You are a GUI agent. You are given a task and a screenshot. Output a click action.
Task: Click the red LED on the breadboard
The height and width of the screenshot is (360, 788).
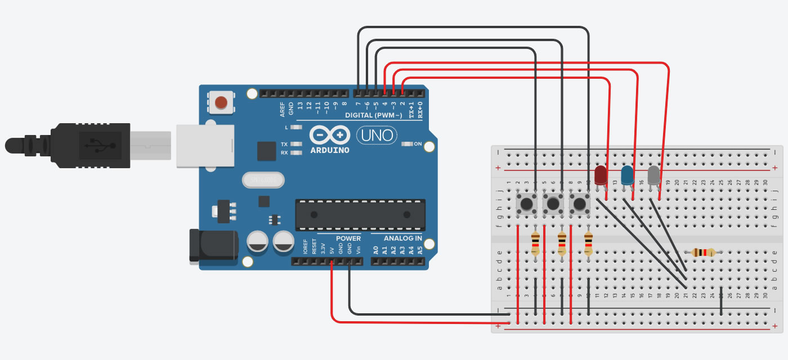click(x=601, y=174)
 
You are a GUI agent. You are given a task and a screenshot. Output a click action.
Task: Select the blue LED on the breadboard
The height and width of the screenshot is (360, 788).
click(x=627, y=175)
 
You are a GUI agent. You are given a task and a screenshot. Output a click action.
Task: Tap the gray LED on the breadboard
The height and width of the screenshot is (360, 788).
click(x=653, y=175)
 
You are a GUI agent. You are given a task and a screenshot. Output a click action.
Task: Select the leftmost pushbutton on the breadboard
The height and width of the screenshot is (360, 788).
click(x=527, y=204)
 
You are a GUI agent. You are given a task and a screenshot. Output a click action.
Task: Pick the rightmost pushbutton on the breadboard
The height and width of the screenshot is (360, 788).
click(x=580, y=204)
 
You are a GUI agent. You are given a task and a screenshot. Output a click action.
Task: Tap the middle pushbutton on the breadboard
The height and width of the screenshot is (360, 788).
click(x=553, y=204)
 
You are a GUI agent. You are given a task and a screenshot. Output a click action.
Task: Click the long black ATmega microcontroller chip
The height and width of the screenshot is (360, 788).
click(x=360, y=214)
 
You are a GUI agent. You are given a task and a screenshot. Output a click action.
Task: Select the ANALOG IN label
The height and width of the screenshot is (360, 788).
click(x=403, y=238)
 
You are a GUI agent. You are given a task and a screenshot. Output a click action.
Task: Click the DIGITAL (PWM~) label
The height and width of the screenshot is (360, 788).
click(x=374, y=115)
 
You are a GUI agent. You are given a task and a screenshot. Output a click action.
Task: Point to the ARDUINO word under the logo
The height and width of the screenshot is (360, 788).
click(x=330, y=150)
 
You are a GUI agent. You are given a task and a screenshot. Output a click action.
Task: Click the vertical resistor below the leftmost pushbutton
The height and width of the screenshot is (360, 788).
click(x=535, y=244)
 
